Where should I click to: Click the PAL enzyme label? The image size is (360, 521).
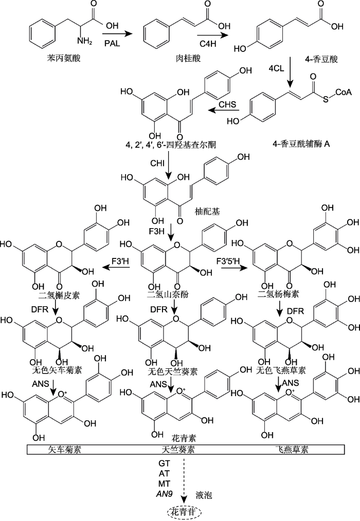[112, 44]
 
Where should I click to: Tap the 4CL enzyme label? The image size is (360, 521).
[276, 68]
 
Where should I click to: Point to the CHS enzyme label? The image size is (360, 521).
[228, 104]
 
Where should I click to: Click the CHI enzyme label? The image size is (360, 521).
[157, 163]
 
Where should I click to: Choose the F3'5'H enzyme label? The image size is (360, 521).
[228, 261]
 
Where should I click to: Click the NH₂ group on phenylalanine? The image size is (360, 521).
[84, 41]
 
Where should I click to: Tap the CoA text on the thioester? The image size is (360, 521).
[343, 92]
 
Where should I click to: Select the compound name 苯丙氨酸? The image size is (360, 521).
[64, 59]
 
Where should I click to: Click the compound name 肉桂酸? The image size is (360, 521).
[188, 59]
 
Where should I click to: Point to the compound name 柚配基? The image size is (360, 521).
[208, 211]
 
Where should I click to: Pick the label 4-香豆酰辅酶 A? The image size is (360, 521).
[301, 144]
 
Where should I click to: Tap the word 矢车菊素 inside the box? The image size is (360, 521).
[65, 450]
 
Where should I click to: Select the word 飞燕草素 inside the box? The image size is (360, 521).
[292, 450]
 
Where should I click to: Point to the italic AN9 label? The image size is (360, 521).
[164, 494]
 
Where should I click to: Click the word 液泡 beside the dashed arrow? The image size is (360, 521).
[204, 495]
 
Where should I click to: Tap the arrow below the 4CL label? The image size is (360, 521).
[291, 71]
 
